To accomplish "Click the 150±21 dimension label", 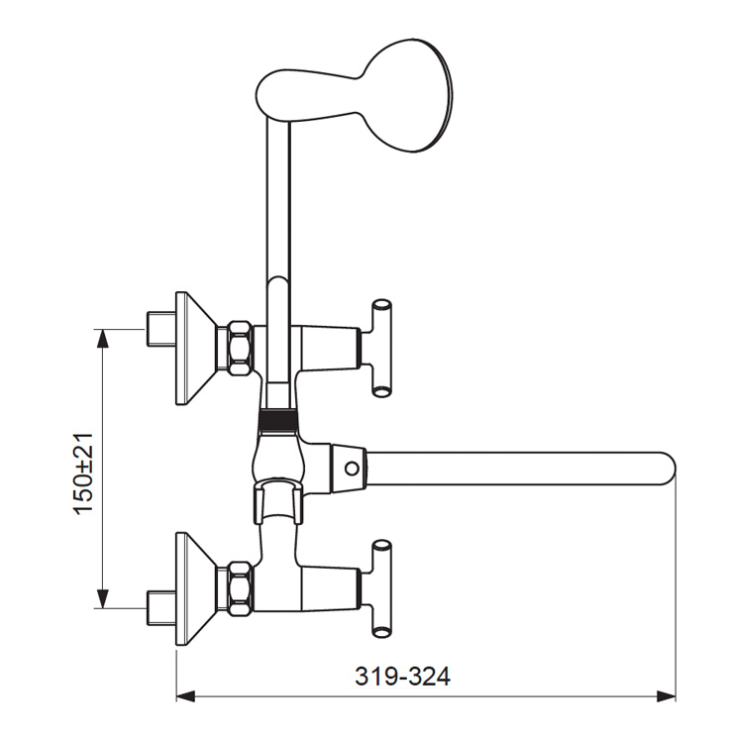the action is (83, 474).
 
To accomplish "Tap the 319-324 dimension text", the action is (402, 677).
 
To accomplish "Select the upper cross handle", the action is (381, 348).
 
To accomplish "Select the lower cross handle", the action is (381, 589).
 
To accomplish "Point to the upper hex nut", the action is (240, 348).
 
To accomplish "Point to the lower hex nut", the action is (240, 589).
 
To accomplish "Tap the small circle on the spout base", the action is (351, 469).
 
